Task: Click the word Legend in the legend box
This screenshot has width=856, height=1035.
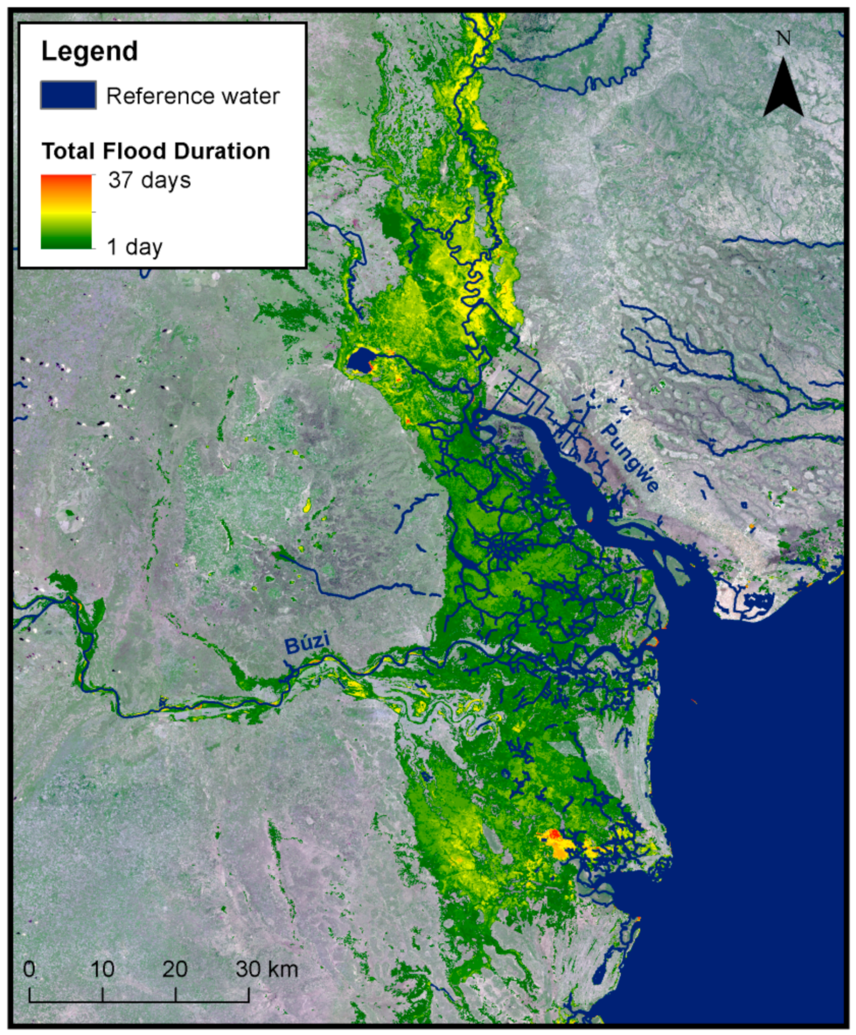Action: pos(89,51)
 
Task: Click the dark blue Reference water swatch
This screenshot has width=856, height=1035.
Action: pos(68,95)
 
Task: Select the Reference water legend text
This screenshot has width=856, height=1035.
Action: pos(193,96)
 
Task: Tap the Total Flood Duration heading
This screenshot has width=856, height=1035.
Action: pos(156,151)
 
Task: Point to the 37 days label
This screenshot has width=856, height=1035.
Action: pos(149,180)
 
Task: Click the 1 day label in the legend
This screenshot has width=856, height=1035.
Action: pos(134,247)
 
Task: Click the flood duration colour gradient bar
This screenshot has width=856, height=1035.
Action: pos(66,212)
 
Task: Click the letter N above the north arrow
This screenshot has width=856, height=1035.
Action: pos(783,38)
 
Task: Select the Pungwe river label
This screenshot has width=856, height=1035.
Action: pos(630,457)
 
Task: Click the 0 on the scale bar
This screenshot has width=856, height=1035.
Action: pos(29,969)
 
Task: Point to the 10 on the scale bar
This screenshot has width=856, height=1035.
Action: pos(102,969)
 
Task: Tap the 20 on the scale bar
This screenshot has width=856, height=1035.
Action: pos(175,969)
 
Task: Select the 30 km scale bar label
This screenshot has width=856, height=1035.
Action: pos(267,969)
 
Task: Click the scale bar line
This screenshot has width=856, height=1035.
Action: pos(139,1001)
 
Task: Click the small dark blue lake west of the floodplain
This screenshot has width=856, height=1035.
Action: pos(360,360)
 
